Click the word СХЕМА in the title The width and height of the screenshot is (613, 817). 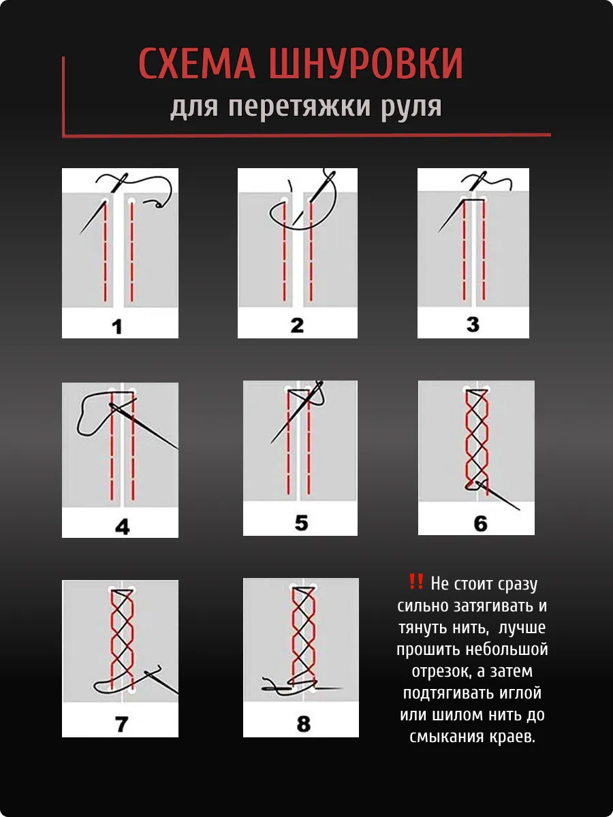(197, 63)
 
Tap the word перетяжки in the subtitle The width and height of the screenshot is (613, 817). (299, 107)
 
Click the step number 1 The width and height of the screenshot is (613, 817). (117, 327)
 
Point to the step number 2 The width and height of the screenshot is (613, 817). (297, 325)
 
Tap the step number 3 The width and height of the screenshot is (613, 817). (473, 324)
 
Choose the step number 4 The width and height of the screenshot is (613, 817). (122, 527)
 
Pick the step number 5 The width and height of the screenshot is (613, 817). (301, 523)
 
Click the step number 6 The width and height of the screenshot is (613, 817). (480, 524)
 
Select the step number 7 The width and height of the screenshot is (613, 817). (122, 724)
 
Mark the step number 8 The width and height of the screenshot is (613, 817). (303, 724)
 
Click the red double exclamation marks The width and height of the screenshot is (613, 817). (415, 581)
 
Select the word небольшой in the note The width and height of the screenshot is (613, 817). (507, 650)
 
